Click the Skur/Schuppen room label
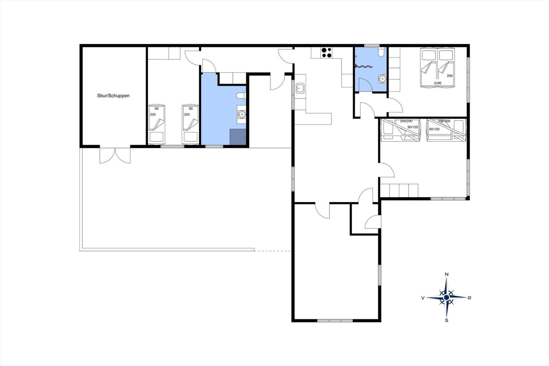point(113,96)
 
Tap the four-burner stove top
point(326,53)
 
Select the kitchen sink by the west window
point(300,88)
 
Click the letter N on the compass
point(446,275)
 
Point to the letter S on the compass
point(446,320)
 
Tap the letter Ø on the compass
point(469,298)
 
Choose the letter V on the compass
point(423,298)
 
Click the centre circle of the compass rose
point(446,298)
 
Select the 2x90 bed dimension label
point(437,83)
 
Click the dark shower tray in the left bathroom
point(238,137)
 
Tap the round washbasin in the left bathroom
point(242,114)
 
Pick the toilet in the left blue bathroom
point(241,96)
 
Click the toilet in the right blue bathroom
point(381,53)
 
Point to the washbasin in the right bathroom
point(382,79)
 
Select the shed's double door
point(115,156)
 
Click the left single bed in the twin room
point(156,124)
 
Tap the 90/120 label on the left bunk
point(412,127)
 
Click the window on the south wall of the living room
point(335,321)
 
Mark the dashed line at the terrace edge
point(272,251)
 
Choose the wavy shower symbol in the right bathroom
point(364,66)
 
